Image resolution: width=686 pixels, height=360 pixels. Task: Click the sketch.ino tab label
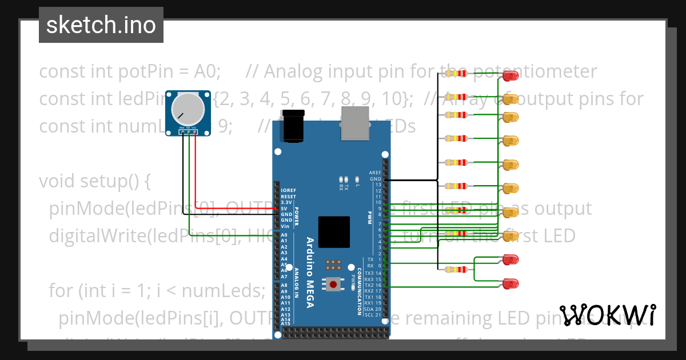101,25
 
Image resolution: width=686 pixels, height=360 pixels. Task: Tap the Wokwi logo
607,315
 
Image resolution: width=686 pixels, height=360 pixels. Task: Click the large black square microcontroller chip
334,232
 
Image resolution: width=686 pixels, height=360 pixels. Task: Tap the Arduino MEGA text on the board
309,272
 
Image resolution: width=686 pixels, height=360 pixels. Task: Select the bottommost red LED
509,283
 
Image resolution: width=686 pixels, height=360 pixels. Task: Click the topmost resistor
456,73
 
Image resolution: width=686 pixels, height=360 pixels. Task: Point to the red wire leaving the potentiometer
196,171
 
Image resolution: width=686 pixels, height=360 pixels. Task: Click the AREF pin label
375,173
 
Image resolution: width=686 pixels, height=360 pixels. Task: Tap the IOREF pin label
288,190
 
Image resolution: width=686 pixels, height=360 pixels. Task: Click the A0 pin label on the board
284,235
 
